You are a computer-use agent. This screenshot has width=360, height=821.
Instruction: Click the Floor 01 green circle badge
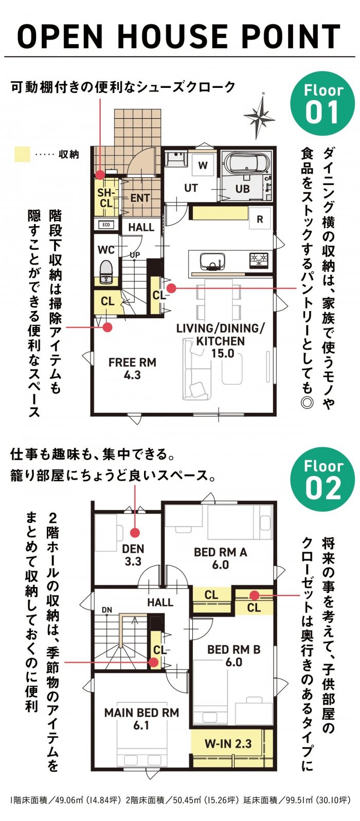pos(322,104)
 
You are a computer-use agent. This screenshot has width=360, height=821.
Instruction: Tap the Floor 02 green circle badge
pos(322,480)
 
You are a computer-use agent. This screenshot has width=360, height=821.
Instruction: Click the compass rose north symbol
pos(260,116)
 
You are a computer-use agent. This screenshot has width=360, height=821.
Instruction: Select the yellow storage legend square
pos(22,154)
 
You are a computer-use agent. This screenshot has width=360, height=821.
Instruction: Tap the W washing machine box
pos(203,165)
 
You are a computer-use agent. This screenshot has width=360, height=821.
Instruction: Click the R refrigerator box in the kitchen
pos(260,219)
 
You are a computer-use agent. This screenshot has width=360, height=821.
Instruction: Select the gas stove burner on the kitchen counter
pos(259,260)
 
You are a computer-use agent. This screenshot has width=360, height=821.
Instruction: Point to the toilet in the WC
pos(106,272)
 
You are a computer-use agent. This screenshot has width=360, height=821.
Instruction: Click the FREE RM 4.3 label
pos(132,369)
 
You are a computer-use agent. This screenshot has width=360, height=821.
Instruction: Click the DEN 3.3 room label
pos(133,555)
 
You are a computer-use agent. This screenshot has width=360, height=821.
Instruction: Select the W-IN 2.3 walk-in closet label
pos(228,743)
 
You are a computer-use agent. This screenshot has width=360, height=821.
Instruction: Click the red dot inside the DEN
pos(135,532)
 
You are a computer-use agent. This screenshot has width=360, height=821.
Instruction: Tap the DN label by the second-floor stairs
pos(106,610)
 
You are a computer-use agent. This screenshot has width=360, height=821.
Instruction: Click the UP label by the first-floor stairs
pos(135,254)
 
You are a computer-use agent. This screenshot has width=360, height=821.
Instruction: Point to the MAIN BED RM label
pos(141,713)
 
